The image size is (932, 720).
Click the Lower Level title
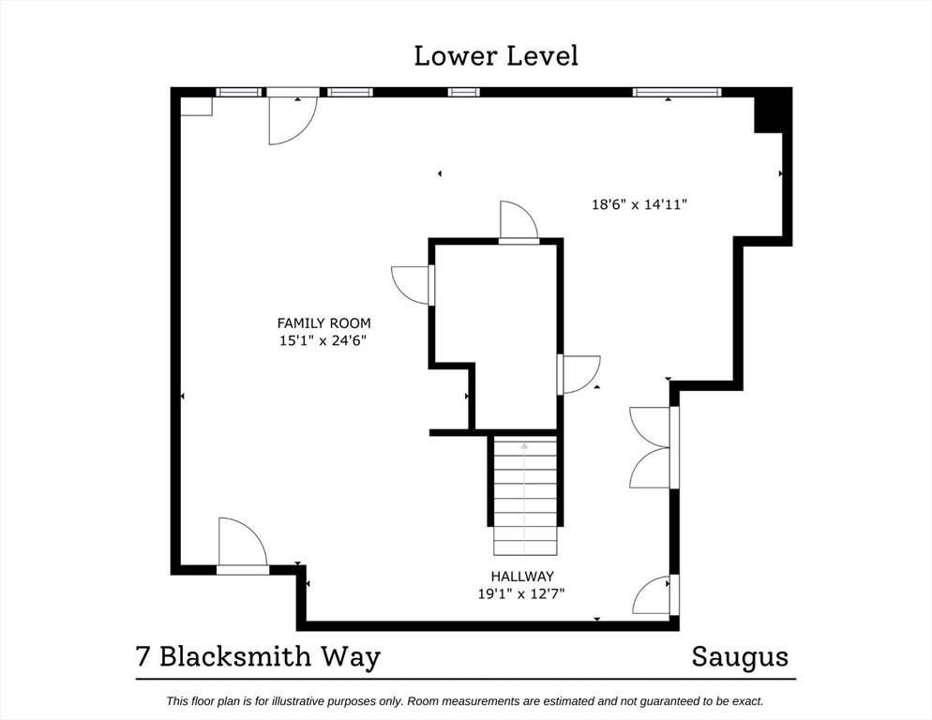tap(496, 56)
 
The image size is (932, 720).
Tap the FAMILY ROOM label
tap(323, 323)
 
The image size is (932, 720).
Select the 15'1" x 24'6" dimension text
tap(323, 340)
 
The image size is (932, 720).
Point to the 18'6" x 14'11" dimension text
tap(639, 204)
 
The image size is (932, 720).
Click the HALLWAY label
tap(522, 577)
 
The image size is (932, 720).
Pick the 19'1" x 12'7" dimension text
tap(521, 593)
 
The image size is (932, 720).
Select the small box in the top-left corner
tap(196, 106)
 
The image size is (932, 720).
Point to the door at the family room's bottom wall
tap(243, 542)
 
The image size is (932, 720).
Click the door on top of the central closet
tap(519, 220)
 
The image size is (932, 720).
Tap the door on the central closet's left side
tap(410, 285)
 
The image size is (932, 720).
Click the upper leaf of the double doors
tap(650, 427)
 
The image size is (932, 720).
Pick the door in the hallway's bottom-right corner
tap(652, 595)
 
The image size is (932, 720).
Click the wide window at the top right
tap(677, 92)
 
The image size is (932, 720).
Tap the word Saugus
tap(740, 657)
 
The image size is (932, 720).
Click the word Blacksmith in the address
tap(235, 656)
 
